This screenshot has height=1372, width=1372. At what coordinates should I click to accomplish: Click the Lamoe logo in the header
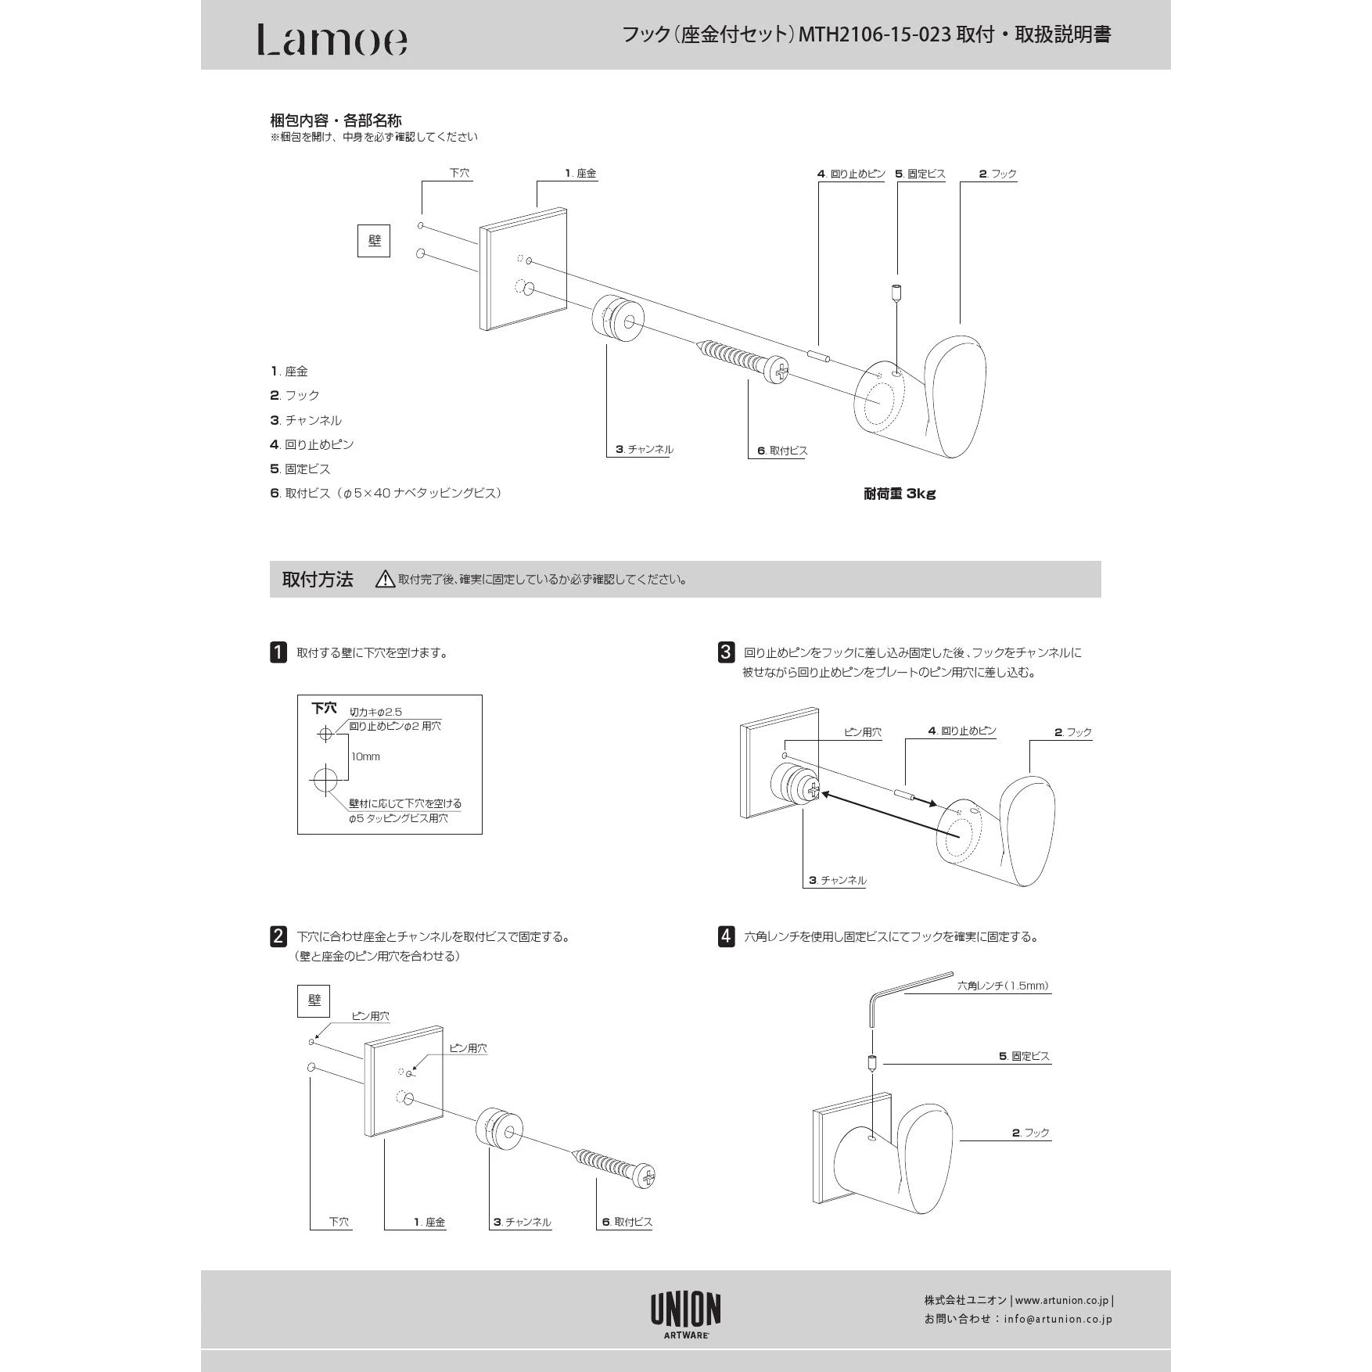(x=332, y=40)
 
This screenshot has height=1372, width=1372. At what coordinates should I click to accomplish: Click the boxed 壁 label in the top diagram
(x=374, y=241)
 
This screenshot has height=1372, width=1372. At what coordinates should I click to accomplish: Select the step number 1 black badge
(x=278, y=652)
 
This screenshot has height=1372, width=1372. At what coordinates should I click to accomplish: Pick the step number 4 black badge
(x=726, y=936)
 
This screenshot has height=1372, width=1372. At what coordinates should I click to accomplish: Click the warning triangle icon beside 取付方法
(x=385, y=580)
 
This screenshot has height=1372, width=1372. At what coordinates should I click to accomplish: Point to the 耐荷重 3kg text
(x=900, y=494)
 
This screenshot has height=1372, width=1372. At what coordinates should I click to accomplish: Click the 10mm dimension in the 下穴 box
(x=365, y=756)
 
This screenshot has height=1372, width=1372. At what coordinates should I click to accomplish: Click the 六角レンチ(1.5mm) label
(x=1003, y=986)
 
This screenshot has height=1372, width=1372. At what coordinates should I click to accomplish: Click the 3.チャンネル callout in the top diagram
(x=644, y=449)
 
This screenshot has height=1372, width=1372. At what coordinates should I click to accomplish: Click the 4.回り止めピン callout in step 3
(x=962, y=731)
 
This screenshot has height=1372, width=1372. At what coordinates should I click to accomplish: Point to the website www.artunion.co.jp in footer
(x=1061, y=1301)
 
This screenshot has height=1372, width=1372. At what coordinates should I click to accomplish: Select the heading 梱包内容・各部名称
(x=336, y=120)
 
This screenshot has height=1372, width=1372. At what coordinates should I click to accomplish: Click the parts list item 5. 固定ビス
(x=300, y=469)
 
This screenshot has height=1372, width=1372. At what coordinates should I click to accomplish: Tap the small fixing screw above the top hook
(x=896, y=293)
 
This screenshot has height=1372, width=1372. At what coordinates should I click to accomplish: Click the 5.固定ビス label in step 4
(x=1024, y=1056)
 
